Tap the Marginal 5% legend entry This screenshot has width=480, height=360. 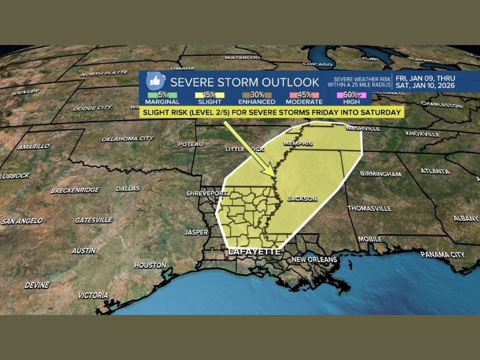tap(162, 97)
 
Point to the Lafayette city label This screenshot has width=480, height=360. tap(253, 252)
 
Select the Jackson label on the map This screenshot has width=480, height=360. tap(302, 199)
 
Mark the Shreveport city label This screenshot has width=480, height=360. tap(207, 194)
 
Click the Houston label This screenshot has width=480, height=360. tap(150, 265)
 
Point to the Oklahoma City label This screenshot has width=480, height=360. tap(127, 138)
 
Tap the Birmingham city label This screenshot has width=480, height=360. tap(380, 174)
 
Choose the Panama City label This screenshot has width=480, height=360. tap(442, 254)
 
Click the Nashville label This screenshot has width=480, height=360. tap(362, 128)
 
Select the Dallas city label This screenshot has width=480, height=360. tap(127, 188)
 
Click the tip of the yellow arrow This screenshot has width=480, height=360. tap(274, 178)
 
